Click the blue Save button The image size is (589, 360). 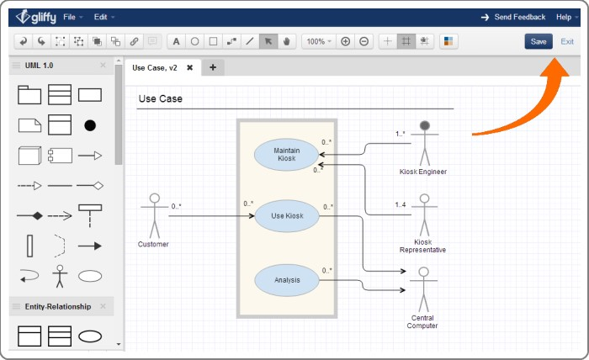coord(539,41)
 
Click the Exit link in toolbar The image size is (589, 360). coord(568,41)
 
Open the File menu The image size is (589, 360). coord(72,17)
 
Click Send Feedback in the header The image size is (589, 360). coord(519,17)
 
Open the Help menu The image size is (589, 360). coord(566,17)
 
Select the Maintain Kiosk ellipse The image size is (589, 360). coord(287,155)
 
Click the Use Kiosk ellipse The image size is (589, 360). coord(287,216)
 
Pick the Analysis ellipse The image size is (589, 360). coord(287,280)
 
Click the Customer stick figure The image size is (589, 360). coord(154,215)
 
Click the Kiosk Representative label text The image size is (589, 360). coord(423,246)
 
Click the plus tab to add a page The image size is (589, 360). coord(212,67)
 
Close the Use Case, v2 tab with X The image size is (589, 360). coord(190,67)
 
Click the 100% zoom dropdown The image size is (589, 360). coord(318,41)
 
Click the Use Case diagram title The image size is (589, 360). coord(160,99)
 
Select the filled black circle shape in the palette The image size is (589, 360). coord(89,125)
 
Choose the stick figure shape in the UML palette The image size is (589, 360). coord(59,276)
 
